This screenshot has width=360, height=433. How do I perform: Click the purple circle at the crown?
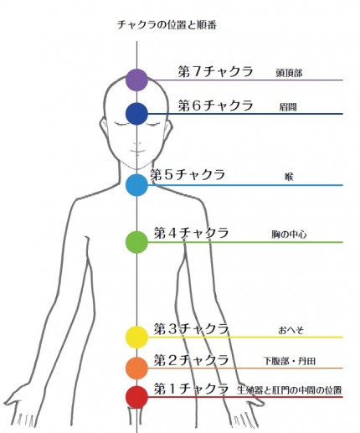(136, 80)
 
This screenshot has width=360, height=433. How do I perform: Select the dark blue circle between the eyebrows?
(136, 114)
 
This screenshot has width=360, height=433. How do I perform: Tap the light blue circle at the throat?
(136, 185)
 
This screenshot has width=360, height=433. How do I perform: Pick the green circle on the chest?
(136, 242)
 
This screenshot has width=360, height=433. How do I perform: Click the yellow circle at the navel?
(136, 337)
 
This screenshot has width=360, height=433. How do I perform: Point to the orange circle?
(136, 368)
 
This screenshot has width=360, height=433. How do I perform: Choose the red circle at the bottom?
(136, 397)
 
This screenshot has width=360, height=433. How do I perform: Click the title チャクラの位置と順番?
(167, 24)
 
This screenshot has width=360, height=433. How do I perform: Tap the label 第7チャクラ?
(215, 71)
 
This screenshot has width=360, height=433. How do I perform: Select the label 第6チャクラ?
(215, 106)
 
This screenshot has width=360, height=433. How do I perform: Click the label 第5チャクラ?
(188, 175)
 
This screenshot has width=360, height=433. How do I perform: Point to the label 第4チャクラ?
(191, 233)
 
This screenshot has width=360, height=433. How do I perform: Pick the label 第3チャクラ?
(191, 328)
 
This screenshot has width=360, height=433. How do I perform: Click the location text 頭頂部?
(289, 73)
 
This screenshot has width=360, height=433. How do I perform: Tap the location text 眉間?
(288, 107)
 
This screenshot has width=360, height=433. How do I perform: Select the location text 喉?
(289, 177)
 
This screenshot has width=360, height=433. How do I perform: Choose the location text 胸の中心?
(289, 235)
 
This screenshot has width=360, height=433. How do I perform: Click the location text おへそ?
(291, 330)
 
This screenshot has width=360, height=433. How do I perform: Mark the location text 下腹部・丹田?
(290, 361)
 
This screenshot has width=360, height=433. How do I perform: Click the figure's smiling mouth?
(136, 151)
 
